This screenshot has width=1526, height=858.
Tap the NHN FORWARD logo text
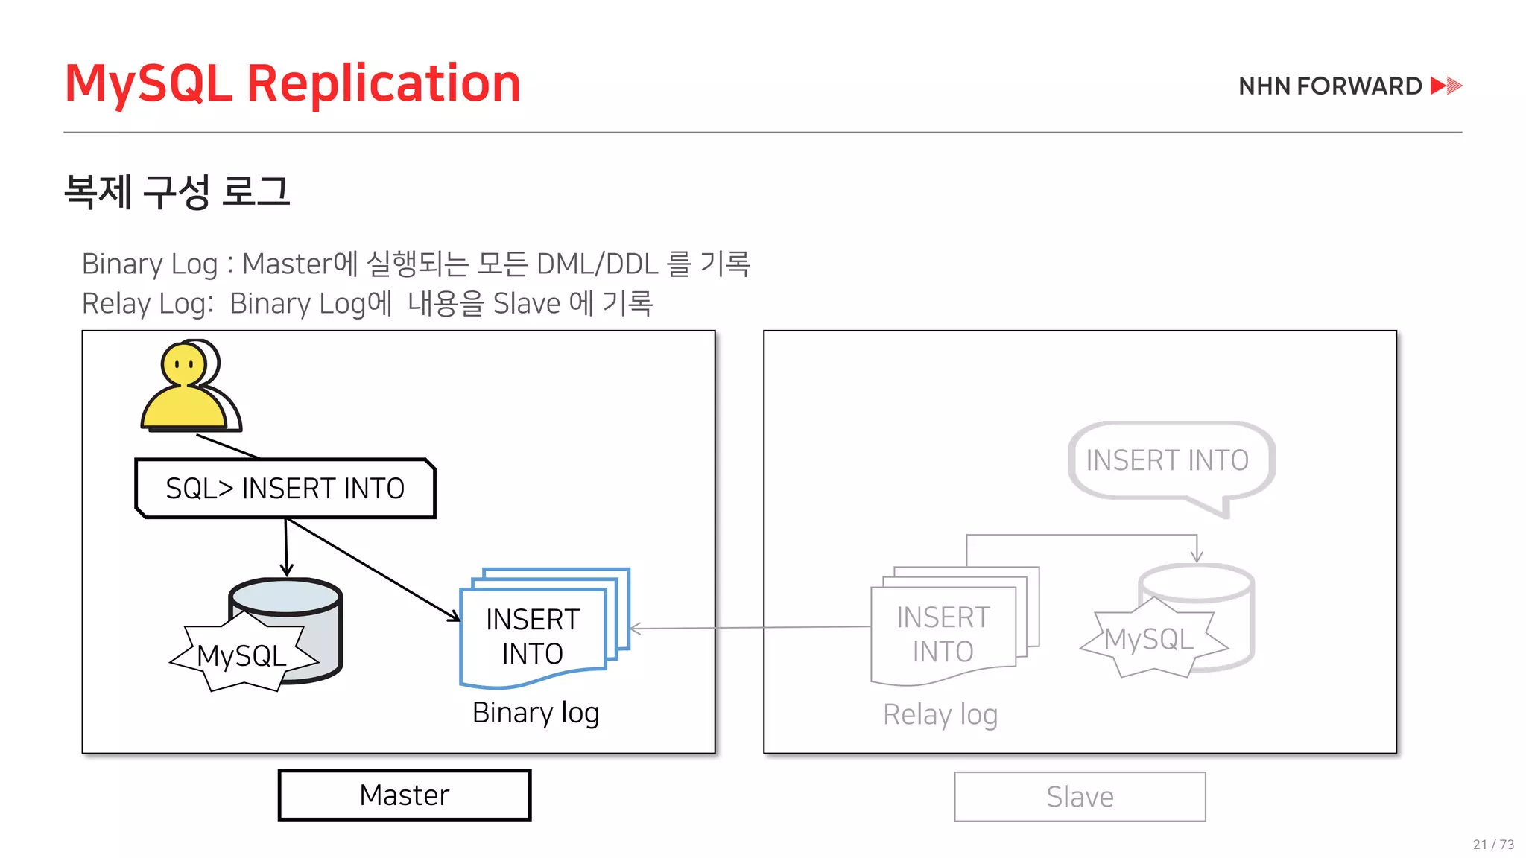(x=1330, y=86)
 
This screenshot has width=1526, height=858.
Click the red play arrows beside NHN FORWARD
(x=1446, y=86)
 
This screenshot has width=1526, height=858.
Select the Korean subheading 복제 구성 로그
(x=177, y=191)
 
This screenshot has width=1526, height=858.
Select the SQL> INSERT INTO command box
(x=285, y=489)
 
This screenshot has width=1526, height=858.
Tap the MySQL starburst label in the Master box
(x=242, y=655)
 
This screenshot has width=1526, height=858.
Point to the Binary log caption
(x=536, y=713)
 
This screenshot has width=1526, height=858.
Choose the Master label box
(x=405, y=795)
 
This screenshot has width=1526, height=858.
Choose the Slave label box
(x=1080, y=797)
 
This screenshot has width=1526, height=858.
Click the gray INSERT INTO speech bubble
(x=1168, y=460)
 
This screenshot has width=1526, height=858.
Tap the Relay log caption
(x=940, y=714)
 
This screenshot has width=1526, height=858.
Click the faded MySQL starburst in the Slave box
(x=1150, y=639)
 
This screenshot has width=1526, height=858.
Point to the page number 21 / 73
(x=1493, y=844)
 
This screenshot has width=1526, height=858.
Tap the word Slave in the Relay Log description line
(x=527, y=304)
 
